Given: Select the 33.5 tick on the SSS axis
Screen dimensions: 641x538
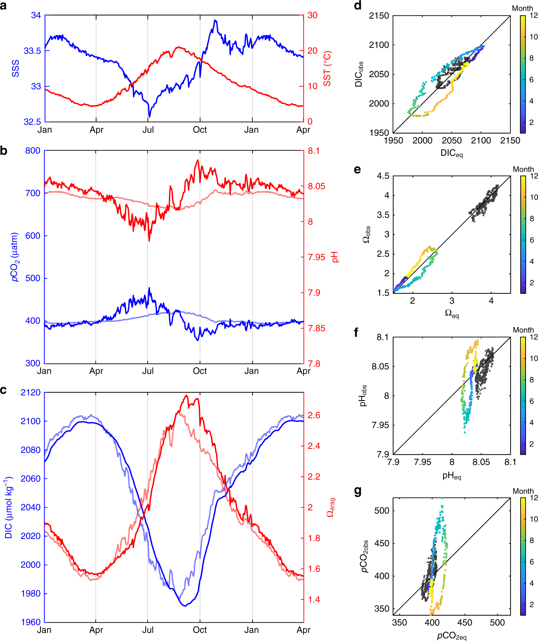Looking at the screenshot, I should click(32, 51).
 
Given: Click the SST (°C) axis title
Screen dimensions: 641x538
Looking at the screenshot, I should click(327, 68).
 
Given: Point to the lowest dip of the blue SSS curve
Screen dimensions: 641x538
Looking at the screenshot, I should click(149, 117).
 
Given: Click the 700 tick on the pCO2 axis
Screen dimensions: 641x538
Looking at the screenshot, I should click(33, 193).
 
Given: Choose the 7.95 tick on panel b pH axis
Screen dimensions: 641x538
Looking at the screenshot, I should click(316, 257).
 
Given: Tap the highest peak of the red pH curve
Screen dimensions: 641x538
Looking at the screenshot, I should click(198, 160).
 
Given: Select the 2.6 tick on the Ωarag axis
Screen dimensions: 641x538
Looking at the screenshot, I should click(314, 415).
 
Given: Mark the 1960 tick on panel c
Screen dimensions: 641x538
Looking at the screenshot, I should click(31, 622).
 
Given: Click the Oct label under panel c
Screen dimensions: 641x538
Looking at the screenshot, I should click(200, 630).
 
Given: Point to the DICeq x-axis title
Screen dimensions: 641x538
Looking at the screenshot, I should click(451, 153).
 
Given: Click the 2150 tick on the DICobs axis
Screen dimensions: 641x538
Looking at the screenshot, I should click(379, 16).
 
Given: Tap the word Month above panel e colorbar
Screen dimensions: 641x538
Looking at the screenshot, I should click(523, 169).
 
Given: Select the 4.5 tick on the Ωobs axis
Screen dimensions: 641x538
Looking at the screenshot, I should click(383, 176).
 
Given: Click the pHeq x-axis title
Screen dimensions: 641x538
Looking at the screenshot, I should click(451, 476).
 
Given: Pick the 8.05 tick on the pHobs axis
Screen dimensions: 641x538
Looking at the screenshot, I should click(380, 367).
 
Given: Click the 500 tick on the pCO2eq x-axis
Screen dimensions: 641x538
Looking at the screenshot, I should click(497, 623).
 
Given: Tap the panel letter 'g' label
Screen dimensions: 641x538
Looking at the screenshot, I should click(357, 491).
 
